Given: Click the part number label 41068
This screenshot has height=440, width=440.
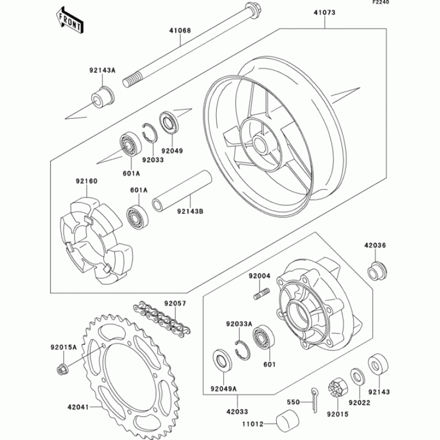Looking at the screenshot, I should point(179,31).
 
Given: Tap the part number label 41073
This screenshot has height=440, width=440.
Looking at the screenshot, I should point(325,12).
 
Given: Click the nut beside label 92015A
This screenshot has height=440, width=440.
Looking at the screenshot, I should point(62,369).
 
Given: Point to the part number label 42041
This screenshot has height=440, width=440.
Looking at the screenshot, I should point(78,407).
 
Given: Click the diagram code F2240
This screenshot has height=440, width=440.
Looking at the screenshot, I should point(426,3).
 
